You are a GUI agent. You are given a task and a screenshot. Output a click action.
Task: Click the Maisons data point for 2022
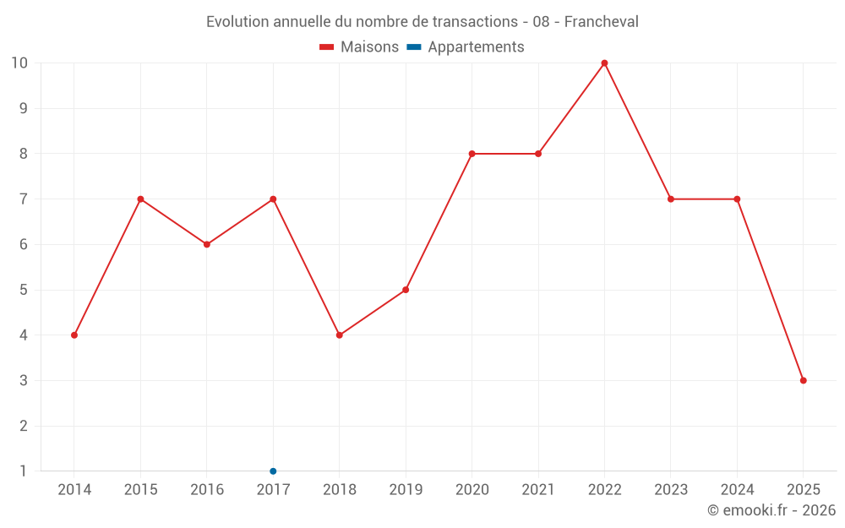pyautogui.click(x=604, y=63)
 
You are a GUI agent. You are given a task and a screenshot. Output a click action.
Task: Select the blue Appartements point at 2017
pyautogui.click(x=273, y=471)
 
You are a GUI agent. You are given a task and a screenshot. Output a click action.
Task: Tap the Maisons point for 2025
pyautogui.click(x=804, y=380)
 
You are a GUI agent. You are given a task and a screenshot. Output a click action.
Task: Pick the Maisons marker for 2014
pyautogui.click(x=74, y=335)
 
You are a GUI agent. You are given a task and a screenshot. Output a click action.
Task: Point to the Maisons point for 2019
pyautogui.click(x=406, y=290)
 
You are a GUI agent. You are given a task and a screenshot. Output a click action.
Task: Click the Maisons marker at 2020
pyautogui.click(x=472, y=154)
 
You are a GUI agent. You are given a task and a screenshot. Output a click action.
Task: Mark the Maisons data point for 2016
pyautogui.click(x=207, y=244)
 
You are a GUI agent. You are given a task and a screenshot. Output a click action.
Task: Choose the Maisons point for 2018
pyautogui.click(x=340, y=335)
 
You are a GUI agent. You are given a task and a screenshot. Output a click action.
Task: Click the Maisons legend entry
pyautogui.click(x=359, y=47)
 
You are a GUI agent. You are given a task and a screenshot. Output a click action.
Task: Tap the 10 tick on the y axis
pyautogui.click(x=19, y=63)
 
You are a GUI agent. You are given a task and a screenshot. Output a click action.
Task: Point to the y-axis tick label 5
pyautogui.click(x=24, y=290)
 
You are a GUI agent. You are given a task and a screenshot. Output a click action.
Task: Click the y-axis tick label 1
pyautogui.click(x=24, y=471)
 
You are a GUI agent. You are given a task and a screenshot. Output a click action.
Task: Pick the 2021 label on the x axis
pyautogui.click(x=538, y=490)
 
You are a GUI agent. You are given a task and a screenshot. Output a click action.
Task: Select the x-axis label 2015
pyautogui.click(x=140, y=490)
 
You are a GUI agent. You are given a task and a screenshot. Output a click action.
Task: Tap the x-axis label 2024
pyautogui.click(x=737, y=490)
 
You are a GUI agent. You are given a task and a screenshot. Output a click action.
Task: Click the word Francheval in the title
pyautogui.click(x=601, y=21)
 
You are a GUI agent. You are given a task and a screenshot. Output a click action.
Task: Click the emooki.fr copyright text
pyautogui.click(x=771, y=510)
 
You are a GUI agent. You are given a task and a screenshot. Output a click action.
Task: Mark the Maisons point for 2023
pyautogui.click(x=671, y=199)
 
